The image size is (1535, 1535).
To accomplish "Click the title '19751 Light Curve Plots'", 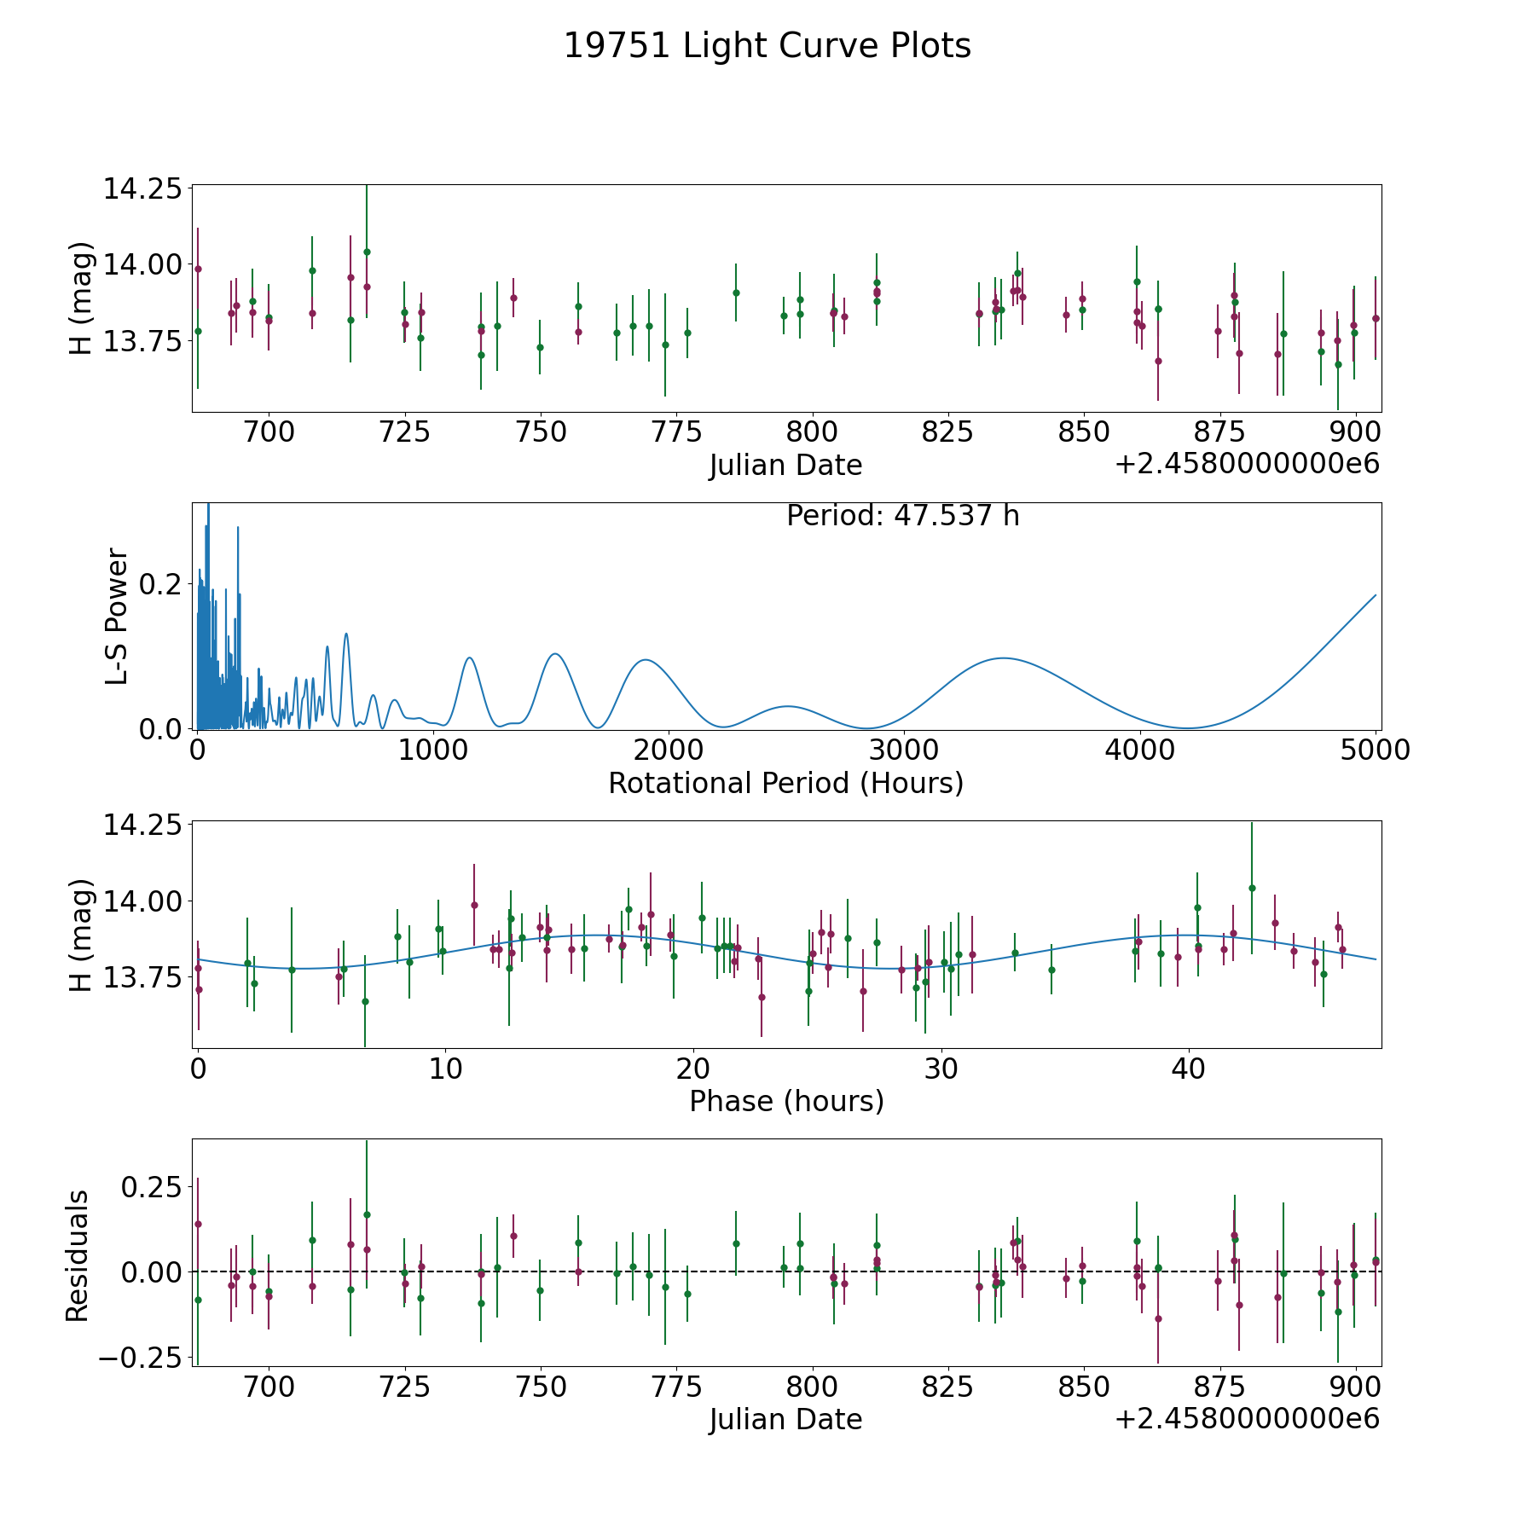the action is [x=767, y=46].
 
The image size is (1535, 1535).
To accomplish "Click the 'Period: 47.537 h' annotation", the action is [x=903, y=516].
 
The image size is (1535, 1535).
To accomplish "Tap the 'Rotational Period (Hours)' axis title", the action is [x=786, y=783].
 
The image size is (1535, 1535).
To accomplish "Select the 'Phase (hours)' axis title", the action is [x=786, y=1101].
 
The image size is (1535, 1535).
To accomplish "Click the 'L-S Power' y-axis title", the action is [x=118, y=617].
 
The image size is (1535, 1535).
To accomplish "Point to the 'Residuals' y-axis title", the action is [x=78, y=1256].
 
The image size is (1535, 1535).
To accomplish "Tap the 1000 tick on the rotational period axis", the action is [x=433, y=750].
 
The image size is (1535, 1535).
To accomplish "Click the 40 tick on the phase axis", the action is [x=1189, y=1068].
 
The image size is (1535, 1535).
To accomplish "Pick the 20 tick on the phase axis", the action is [x=693, y=1068].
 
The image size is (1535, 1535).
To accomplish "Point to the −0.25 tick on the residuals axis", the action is [x=141, y=1357].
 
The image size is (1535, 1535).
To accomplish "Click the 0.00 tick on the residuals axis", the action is [x=152, y=1272].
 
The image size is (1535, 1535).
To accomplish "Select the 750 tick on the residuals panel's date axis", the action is [x=541, y=1387].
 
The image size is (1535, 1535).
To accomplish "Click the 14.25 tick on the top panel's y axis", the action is [x=143, y=188].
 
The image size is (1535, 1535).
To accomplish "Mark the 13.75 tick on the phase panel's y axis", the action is [x=143, y=977].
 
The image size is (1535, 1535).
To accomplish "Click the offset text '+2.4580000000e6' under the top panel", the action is [x=1248, y=464].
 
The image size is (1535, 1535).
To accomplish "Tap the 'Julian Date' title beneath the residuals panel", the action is [x=786, y=1420].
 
